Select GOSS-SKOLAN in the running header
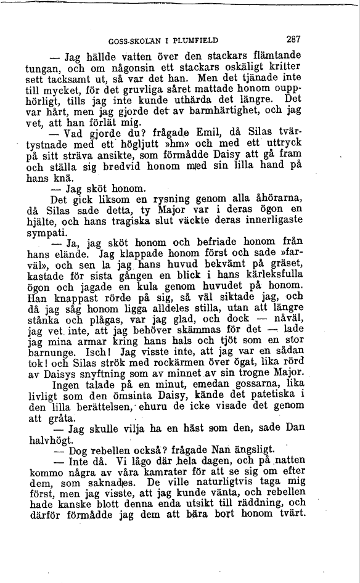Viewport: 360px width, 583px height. coord(131,41)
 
